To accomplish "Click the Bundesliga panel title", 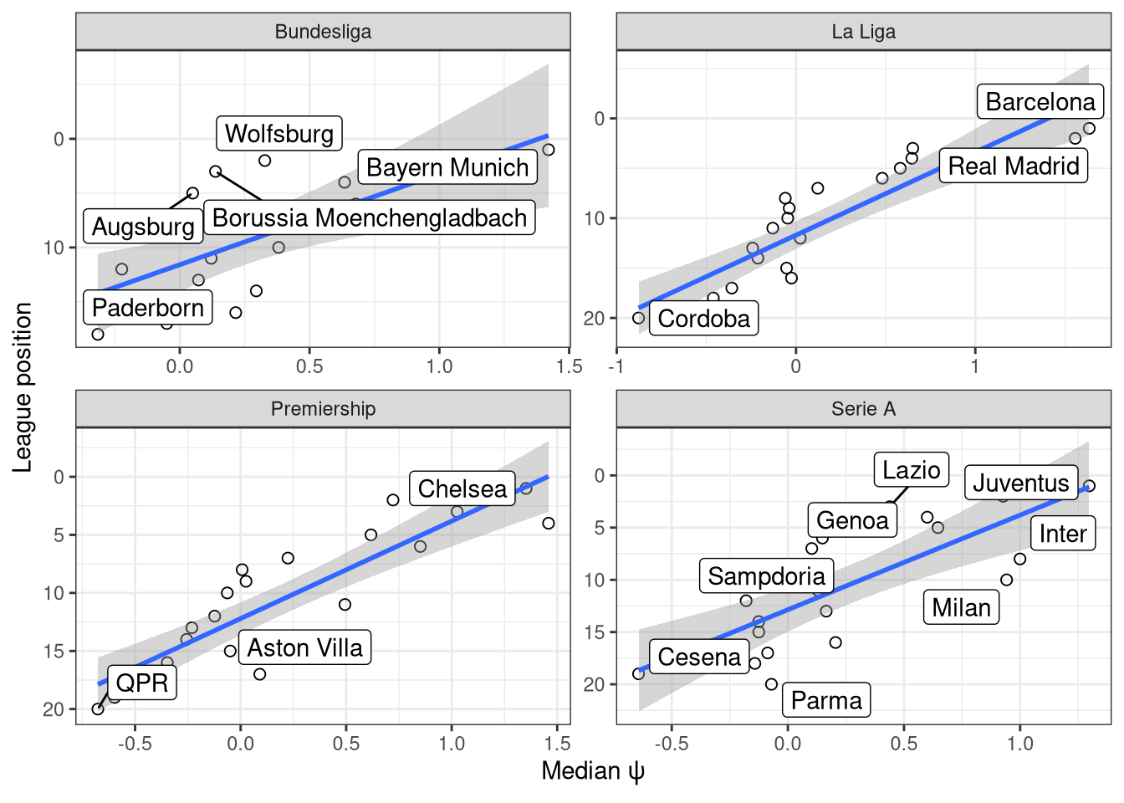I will [x=323, y=32].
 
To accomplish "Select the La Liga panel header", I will [x=863, y=32].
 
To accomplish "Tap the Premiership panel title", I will [x=323, y=409].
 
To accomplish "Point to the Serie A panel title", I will [x=863, y=409].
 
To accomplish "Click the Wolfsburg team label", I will [x=279, y=134].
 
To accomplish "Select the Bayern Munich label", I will [x=447, y=167].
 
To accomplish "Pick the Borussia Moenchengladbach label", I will [x=370, y=218].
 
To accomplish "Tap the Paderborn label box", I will [x=148, y=308].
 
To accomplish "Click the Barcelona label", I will [x=1040, y=102].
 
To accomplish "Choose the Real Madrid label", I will [x=1013, y=166].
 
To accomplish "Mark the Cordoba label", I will [x=703, y=319].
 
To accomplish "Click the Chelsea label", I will [x=462, y=489].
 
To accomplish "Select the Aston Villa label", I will [x=304, y=648].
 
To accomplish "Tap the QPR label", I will [x=142, y=683].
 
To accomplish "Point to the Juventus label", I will [x=1020, y=483].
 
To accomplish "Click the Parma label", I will [x=826, y=701].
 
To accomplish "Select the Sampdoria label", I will [x=766, y=576].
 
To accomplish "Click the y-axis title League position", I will [x=23, y=387].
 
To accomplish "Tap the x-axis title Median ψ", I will [x=593, y=771].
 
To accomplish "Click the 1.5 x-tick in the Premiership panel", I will [x=557, y=744].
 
